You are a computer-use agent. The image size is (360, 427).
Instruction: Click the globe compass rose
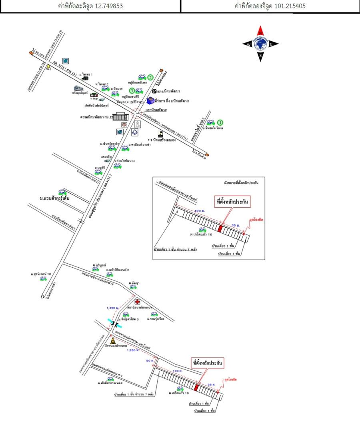point(260,44)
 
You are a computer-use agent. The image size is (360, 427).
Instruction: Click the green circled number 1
point(220,122)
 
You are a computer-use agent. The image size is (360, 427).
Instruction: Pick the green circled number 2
point(150,77)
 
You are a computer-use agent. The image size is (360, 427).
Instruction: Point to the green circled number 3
point(131,90)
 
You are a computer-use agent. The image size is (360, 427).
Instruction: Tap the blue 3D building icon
point(150,100)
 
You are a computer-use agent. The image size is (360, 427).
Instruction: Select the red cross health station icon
point(137,301)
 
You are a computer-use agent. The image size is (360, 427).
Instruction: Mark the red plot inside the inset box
point(220,229)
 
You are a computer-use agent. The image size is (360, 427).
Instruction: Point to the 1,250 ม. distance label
point(133,351)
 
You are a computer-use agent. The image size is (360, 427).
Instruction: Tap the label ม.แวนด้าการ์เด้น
point(55,198)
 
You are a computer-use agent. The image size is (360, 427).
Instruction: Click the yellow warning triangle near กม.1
point(48,66)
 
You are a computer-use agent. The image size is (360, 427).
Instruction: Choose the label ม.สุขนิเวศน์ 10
point(41,274)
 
